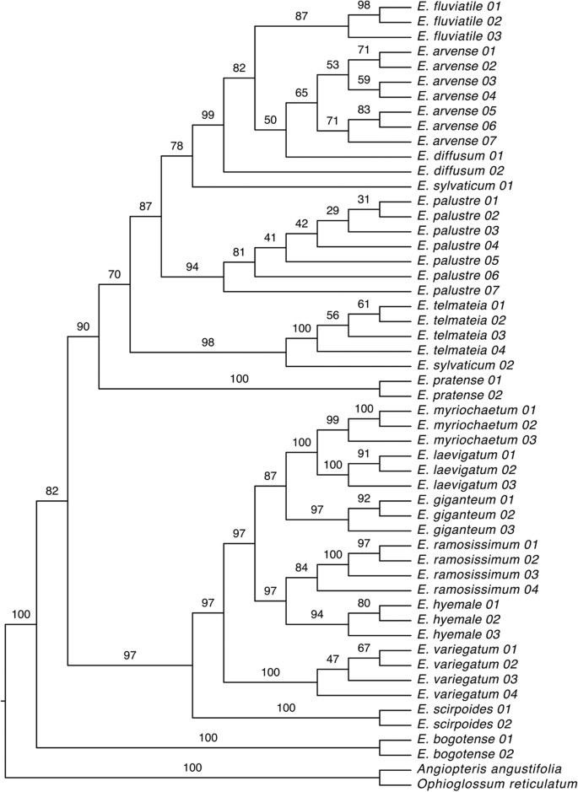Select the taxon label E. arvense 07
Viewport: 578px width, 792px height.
point(456,141)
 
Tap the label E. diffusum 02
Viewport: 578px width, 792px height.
point(458,170)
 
